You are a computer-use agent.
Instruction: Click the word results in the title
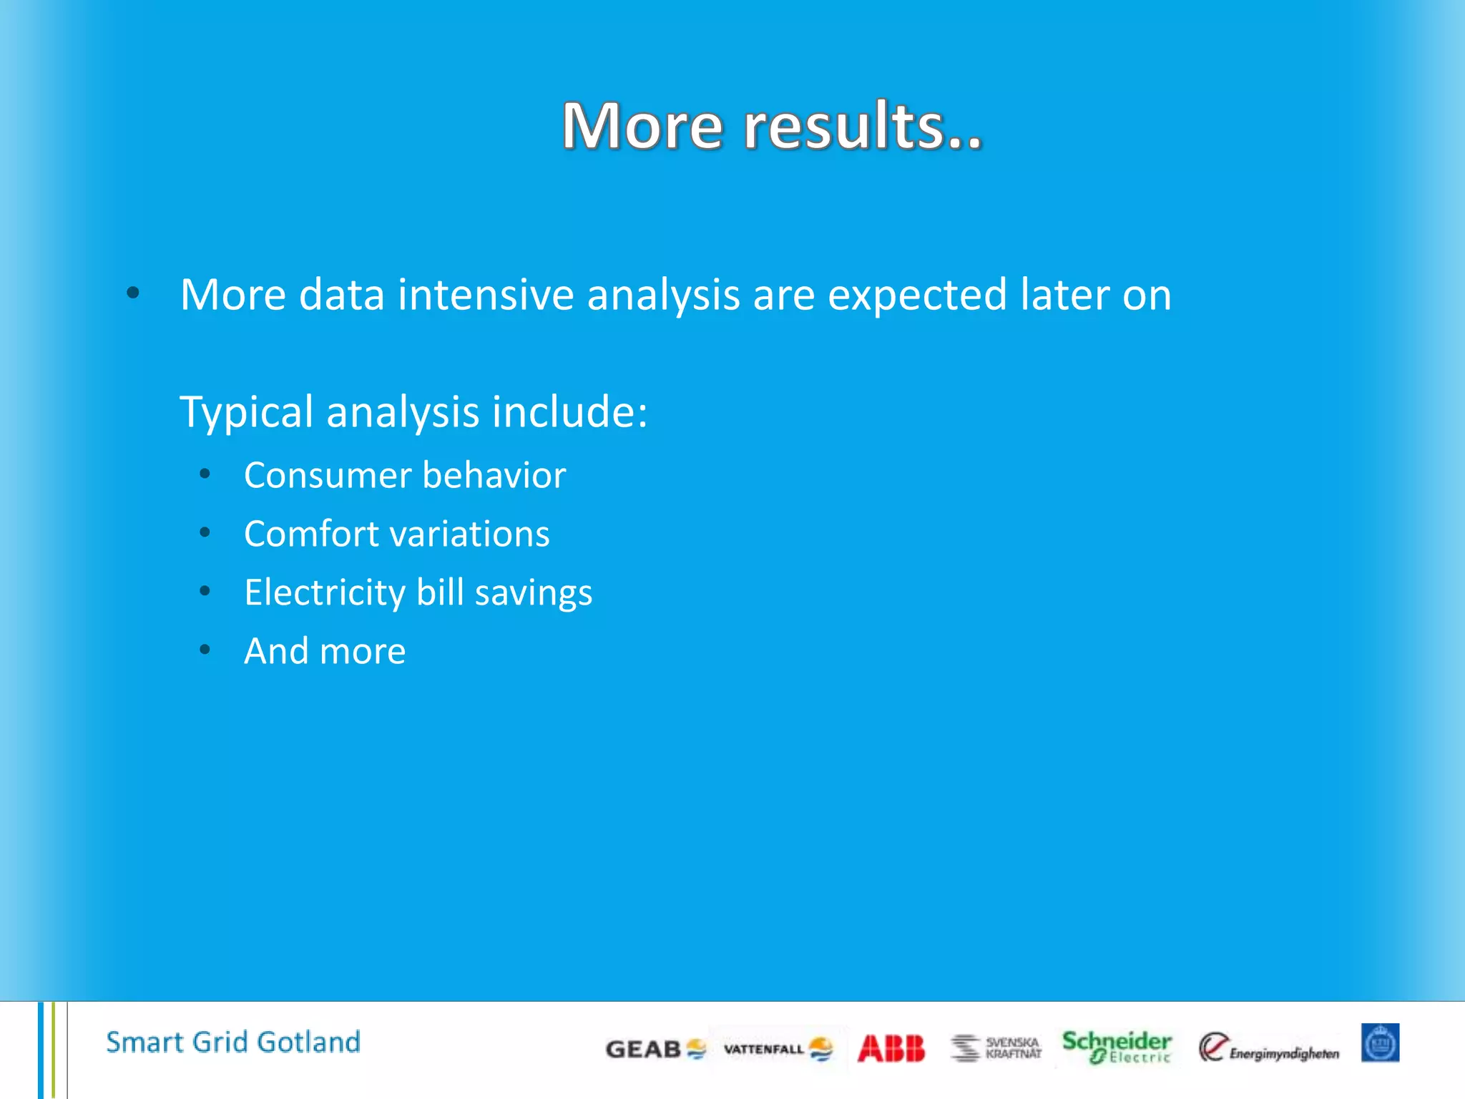tap(862, 127)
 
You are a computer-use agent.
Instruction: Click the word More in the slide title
tap(642, 127)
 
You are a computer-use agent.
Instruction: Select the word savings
tap(534, 593)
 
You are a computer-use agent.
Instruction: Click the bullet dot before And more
tap(205, 650)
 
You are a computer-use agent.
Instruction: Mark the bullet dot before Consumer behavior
tap(205, 474)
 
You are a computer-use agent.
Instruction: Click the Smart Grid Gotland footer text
tap(233, 1042)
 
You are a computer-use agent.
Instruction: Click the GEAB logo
tap(655, 1049)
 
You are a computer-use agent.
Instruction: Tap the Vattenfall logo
tap(778, 1049)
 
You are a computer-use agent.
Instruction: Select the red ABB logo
tap(891, 1049)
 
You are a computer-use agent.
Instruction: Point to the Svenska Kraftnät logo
tap(996, 1048)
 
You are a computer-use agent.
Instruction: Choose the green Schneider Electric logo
tap(1116, 1047)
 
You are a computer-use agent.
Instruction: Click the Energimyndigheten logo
tap(1268, 1048)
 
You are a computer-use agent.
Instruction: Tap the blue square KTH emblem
tap(1380, 1043)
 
